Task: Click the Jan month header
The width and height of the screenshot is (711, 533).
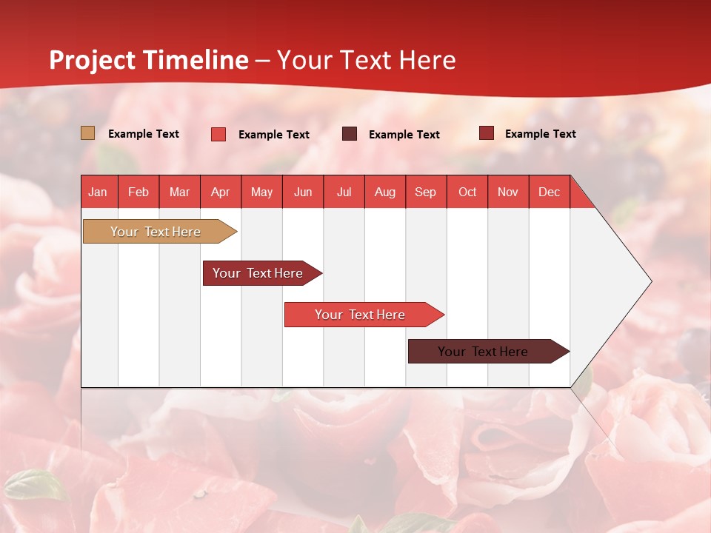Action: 99,192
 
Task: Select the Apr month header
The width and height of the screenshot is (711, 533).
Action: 221,192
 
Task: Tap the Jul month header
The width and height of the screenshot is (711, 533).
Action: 344,192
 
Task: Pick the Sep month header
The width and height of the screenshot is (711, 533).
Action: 425,192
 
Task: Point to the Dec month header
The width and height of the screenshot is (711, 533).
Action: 549,192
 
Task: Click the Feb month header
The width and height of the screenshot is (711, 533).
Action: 138,192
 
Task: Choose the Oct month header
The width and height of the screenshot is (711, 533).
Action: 467,192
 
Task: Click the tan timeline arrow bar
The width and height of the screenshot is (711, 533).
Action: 156,232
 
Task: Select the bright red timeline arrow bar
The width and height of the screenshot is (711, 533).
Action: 361,315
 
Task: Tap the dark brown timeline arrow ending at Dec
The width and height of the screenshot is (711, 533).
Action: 484,352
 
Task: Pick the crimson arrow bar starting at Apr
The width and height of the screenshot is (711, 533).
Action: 258,273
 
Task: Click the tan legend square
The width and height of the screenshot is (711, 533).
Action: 88,133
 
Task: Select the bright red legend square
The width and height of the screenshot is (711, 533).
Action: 218,134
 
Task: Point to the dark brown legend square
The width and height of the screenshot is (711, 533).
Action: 350,134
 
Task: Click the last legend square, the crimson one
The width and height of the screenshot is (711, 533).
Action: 487,133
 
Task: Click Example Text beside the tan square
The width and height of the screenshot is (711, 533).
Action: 144,134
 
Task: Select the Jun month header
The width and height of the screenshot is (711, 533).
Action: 303,192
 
